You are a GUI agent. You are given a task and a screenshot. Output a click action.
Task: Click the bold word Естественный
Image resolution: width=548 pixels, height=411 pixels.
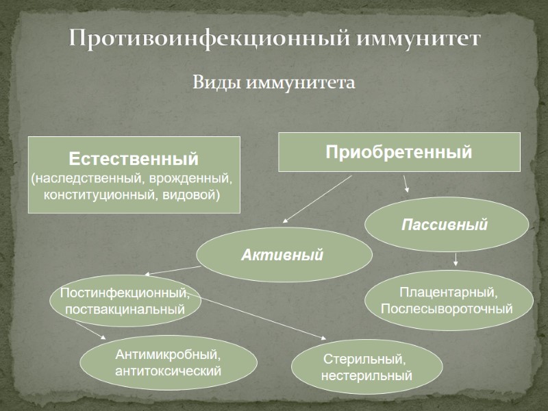(x=134, y=159)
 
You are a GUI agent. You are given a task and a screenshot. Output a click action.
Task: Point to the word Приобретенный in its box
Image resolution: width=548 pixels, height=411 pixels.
(x=399, y=152)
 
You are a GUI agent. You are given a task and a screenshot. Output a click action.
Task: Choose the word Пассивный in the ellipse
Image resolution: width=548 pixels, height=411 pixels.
(x=445, y=225)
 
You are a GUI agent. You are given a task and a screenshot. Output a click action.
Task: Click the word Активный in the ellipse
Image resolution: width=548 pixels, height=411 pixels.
(x=282, y=256)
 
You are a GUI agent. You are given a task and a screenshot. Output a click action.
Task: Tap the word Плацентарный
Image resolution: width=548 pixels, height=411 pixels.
(x=448, y=293)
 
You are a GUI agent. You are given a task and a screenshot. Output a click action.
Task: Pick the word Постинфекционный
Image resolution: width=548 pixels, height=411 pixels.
(x=124, y=293)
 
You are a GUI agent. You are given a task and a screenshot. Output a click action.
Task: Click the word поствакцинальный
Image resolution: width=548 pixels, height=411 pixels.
(x=125, y=309)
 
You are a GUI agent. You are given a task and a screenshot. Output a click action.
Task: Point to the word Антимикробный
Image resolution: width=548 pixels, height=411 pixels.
(x=168, y=355)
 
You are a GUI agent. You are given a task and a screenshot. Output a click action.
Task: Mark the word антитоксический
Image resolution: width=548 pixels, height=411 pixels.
(x=169, y=371)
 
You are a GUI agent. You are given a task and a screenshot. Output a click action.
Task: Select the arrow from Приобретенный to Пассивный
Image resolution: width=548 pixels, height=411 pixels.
(x=406, y=183)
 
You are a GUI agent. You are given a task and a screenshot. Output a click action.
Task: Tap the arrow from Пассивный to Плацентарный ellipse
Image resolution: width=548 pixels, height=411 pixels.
(x=456, y=259)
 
